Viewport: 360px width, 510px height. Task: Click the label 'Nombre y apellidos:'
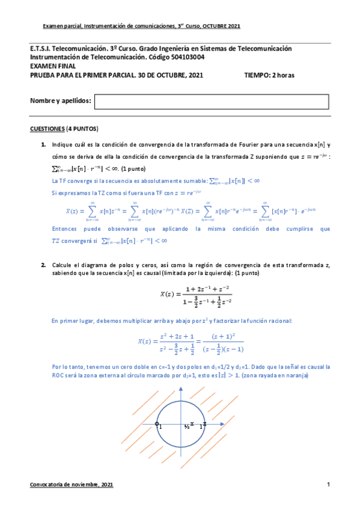[x=61, y=101]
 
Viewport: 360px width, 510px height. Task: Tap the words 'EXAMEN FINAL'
[x=50, y=66]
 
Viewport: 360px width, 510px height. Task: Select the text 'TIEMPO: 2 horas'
[x=269, y=75]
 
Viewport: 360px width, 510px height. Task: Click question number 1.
[x=44, y=144]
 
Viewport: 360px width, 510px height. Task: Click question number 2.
[x=44, y=265]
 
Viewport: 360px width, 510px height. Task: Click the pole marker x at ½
[x=192, y=424]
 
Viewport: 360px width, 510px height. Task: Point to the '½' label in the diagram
[x=187, y=427]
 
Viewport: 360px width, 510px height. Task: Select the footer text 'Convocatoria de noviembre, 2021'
[x=71, y=485]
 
